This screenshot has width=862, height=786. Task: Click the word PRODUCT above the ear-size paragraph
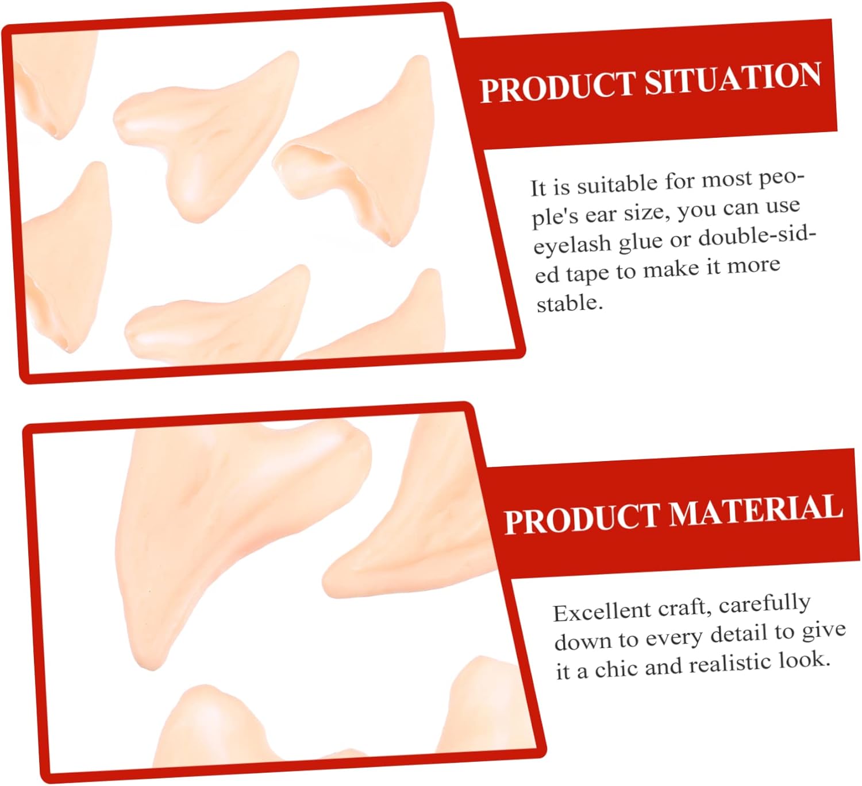pos(557,88)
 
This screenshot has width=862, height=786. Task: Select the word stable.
pos(569,303)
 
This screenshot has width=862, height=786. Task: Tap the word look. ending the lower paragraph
pos(805,661)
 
